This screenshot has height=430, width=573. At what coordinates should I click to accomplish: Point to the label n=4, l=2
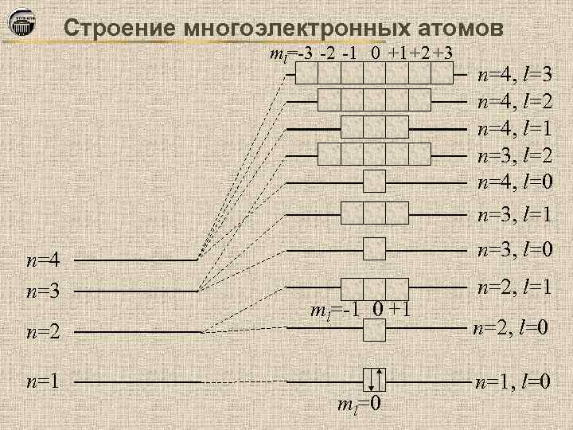[515, 102]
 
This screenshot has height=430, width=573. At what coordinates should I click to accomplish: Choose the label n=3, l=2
[515, 155]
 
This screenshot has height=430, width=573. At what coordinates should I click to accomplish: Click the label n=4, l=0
[515, 182]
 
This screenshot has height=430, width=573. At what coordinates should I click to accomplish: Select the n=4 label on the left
[43, 260]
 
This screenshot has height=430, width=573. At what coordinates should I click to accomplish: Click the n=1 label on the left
[43, 382]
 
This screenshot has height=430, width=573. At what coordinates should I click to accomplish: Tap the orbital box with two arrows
[374, 381]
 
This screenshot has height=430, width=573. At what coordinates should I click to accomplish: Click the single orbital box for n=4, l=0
[374, 182]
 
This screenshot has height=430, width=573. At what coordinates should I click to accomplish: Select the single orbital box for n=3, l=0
[374, 248]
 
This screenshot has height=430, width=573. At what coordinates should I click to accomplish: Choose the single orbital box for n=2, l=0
[374, 330]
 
